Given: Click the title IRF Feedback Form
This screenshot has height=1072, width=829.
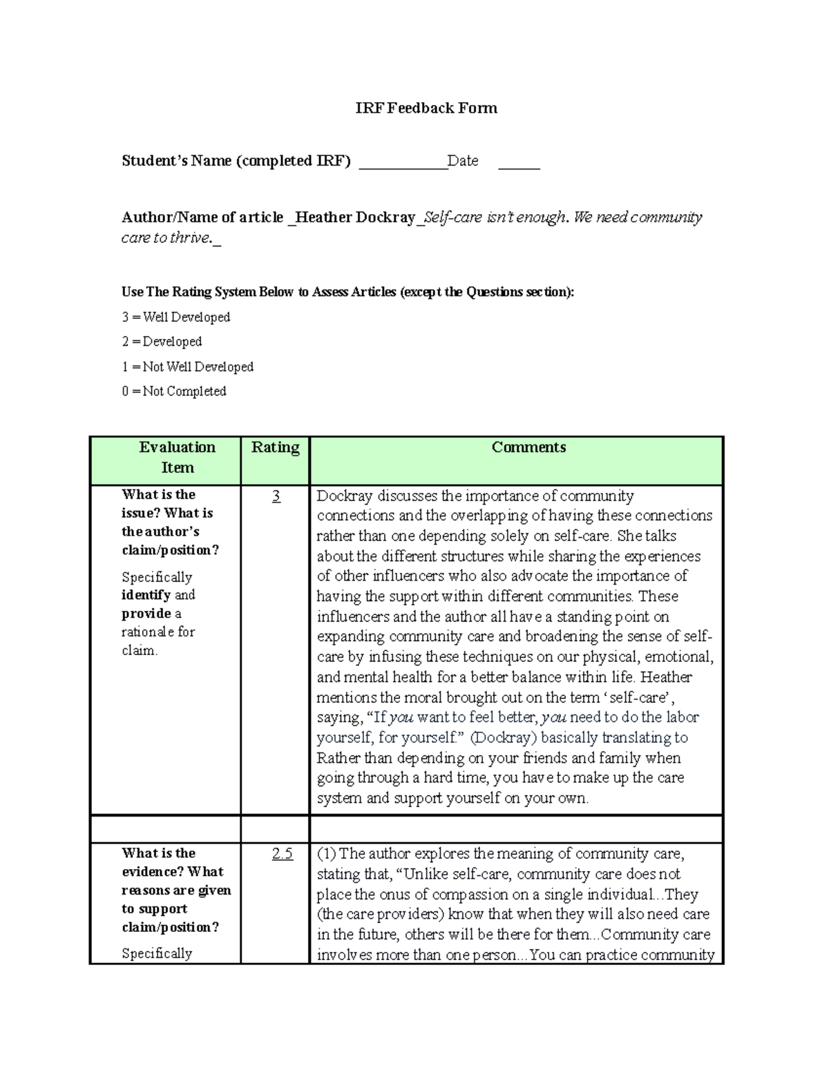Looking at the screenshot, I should point(426,108).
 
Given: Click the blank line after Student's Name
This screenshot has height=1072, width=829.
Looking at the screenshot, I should point(403,166).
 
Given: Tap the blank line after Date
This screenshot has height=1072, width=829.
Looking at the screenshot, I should point(519,166).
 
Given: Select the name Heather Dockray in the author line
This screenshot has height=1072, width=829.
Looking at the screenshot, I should point(355,217).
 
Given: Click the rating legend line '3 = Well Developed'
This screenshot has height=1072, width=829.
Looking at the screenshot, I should point(176,318).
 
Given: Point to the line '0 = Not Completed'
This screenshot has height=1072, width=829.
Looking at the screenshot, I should point(174,391).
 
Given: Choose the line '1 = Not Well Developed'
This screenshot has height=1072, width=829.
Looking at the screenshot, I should point(188,367).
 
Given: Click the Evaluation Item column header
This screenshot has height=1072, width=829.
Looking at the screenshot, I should point(177,457).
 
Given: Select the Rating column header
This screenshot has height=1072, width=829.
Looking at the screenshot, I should point(275,447).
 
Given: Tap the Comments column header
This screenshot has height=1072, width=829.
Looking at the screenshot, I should point(528,447).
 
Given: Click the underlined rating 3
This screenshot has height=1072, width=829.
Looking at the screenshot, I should point(276,496).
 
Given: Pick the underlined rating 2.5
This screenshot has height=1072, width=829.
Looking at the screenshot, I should point(282,854).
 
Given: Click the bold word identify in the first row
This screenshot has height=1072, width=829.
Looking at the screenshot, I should point(146,595).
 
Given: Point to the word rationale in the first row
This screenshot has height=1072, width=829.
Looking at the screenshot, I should point(148,632).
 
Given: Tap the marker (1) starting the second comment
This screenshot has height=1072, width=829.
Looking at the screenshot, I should point(326,854).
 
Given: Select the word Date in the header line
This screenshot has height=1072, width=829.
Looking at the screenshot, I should point(463,161).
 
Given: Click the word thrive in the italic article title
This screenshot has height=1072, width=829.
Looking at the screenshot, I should point(191,238).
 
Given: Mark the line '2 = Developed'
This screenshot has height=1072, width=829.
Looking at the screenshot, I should point(162,342).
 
